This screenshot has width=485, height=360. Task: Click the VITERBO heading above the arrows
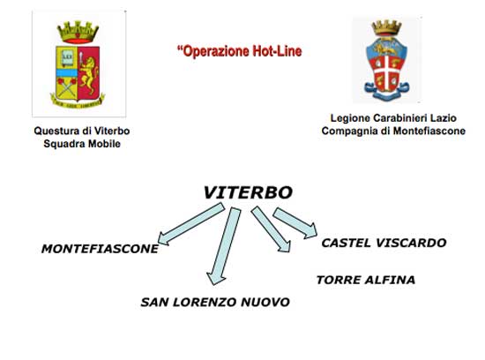tap(248, 192)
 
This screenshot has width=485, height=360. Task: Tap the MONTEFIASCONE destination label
tap(100, 249)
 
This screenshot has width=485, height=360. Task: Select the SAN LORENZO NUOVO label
tap(215, 302)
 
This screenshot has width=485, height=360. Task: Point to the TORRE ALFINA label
tap(366, 280)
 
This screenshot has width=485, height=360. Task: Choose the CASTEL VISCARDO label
tap(384, 243)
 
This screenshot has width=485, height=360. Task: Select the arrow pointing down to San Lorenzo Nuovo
tap(224, 246)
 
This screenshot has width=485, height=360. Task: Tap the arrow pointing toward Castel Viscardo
tap(295, 223)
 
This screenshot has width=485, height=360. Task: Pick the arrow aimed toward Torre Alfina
tap(271, 229)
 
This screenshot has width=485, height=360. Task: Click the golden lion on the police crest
tap(88, 74)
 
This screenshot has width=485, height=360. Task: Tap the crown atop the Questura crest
tap(78, 32)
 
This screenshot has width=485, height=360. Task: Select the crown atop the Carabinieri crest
tap(386, 28)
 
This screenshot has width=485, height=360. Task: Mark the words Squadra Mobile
tap(82, 144)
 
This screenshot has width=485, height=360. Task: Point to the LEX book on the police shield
tap(67, 58)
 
